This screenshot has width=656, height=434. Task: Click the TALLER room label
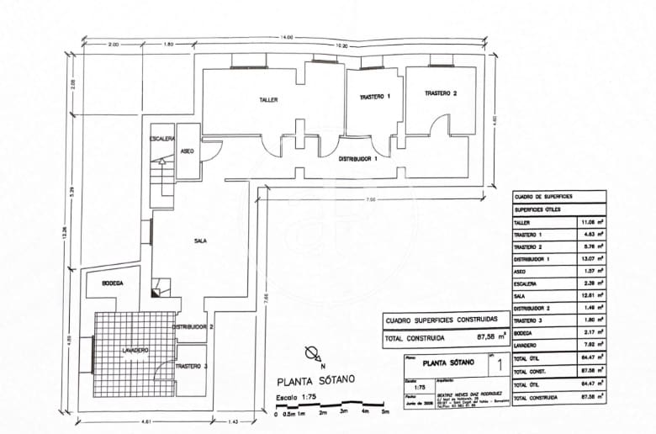(267, 100)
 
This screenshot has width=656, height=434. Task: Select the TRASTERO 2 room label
(441, 93)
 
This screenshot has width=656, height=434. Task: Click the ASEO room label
(188, 151)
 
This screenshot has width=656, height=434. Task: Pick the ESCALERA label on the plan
(161, 138)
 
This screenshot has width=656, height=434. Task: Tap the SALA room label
(200, 241)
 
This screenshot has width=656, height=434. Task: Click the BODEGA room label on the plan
(112, 284)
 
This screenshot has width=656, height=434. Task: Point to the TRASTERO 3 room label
(192, 367)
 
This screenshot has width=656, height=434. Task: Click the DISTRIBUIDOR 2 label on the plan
(193, 326)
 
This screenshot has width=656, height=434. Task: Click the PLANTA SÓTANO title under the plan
(315, 380)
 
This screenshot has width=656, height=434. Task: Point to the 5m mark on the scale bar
(385, 413)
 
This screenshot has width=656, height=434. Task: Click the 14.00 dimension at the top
(288, 37)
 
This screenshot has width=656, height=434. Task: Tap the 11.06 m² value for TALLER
(586, 222)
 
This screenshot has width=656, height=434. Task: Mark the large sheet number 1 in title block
(500, 366)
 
